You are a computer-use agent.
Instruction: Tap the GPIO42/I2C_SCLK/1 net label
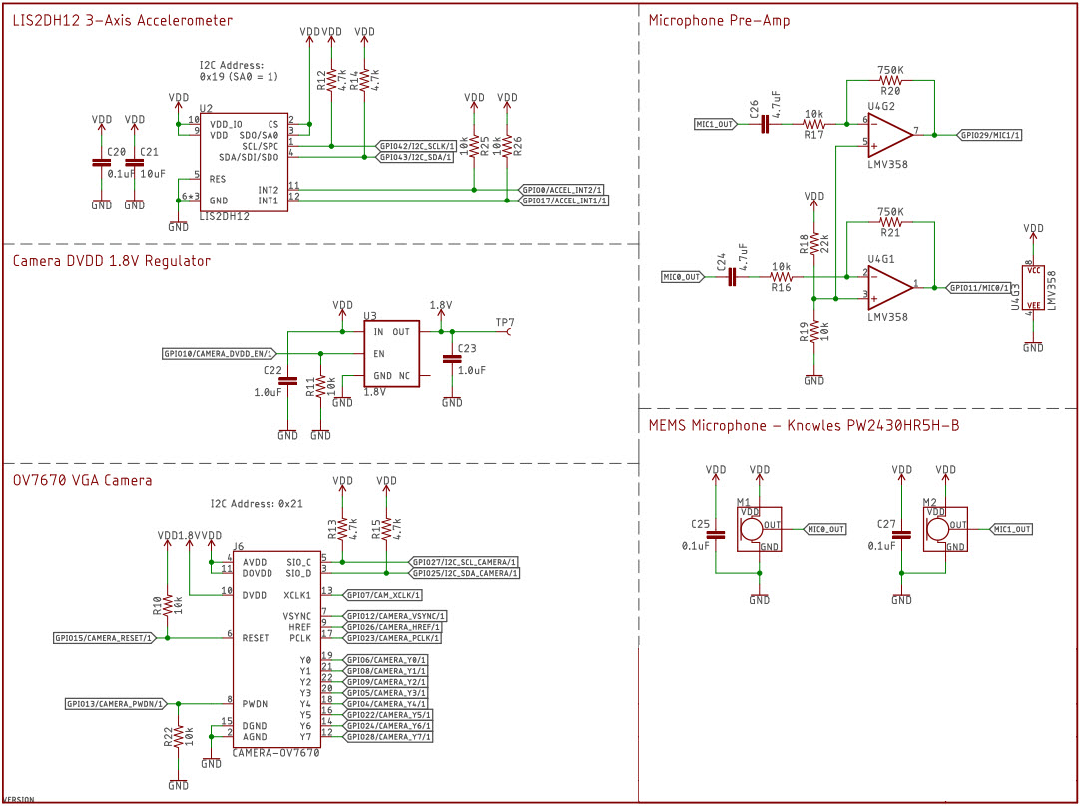click(417, 146)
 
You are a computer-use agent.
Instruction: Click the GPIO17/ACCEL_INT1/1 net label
click(564, 201)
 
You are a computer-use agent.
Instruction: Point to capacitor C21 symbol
click(134, 162)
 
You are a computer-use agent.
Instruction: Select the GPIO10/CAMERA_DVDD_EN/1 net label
click(219, 353)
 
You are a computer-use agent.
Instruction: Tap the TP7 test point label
click(505, 322)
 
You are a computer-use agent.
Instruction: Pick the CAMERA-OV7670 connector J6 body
click(276, 648)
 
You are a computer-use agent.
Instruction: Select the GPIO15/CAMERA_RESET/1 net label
click(105, 637)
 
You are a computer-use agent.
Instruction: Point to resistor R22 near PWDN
click(178, 736)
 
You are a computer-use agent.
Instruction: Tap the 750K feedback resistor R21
click(889, 223)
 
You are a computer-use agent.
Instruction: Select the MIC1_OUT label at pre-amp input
click(716, 124)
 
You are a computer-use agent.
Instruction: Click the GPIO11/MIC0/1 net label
click(979, 287)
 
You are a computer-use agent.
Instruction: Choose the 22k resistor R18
click(814, 244)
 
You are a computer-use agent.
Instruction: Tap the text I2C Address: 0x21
click(256, 504)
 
